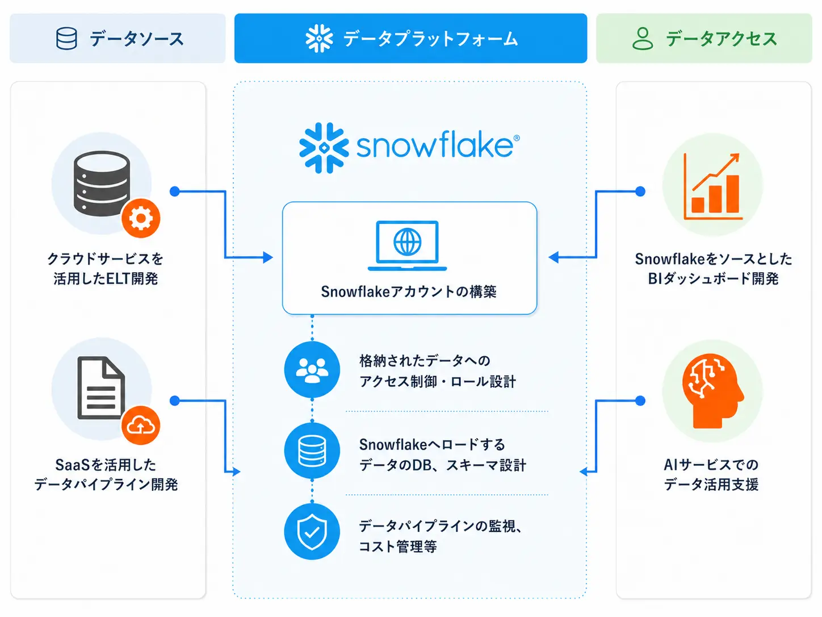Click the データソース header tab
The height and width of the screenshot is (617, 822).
118,38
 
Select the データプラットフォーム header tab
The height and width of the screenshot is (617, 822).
410,38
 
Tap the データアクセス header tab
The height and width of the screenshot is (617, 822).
704,38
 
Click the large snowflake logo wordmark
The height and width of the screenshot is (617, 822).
409,148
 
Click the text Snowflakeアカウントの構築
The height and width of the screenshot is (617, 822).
409,291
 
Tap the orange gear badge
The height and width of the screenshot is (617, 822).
141,218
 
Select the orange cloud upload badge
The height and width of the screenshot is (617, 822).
141,425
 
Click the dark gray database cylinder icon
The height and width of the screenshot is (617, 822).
102,184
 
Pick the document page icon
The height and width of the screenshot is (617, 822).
101,387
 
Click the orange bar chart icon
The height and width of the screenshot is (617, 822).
712,186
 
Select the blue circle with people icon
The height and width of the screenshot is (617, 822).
312,369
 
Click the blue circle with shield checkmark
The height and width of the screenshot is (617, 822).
312,532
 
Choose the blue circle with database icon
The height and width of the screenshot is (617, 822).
312,451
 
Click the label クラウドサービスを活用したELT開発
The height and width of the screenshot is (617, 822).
105,269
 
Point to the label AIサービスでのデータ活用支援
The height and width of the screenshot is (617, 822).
711,474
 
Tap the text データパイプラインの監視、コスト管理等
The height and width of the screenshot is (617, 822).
441,536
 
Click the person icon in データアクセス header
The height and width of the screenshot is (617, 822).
643,39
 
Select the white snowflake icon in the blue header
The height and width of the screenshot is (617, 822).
319,38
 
